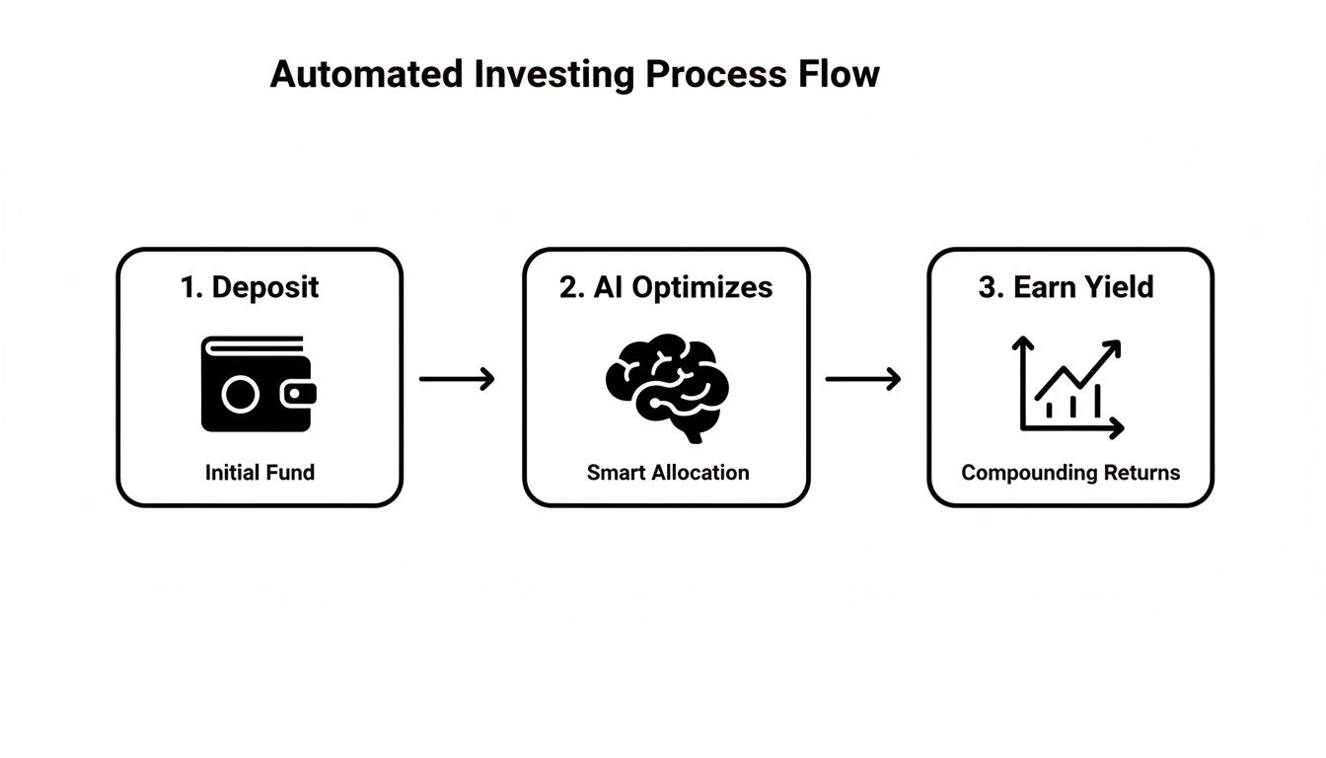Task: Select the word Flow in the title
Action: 838,75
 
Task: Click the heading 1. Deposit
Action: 250,287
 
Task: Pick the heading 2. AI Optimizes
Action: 666,287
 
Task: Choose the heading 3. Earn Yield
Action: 1066,287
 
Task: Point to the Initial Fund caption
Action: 259,473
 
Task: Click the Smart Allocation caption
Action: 668,473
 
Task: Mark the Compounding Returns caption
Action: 1070,473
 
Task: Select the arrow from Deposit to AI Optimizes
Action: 457,378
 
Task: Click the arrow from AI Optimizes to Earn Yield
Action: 863,378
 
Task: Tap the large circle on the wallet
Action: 240,395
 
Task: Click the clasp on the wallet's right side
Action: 298,395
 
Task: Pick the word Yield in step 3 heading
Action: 1115,287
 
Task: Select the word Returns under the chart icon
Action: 1142,473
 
